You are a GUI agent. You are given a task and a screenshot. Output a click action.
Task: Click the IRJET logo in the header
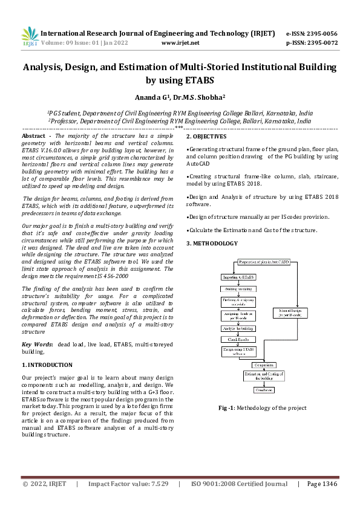point(29,37)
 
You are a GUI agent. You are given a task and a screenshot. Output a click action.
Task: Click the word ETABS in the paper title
point(197,80)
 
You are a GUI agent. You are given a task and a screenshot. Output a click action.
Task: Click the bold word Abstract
point(33,137)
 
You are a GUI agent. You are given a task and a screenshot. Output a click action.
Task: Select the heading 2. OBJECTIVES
point(209,137)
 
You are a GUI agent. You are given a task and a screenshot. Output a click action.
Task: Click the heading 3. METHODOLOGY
point(212,243)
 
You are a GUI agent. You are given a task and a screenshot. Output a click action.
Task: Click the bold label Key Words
point(37,344)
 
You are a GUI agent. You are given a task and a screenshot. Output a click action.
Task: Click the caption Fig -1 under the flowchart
point(227,409)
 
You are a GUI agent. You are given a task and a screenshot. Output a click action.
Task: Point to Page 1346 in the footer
point(322,484)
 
